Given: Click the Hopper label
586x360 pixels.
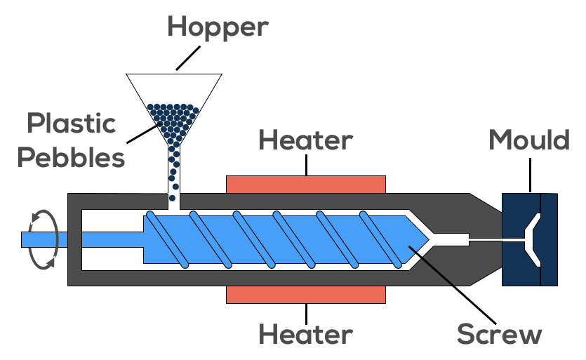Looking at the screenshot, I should click(x=218, y=27).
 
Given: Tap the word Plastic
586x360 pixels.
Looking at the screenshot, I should click(x=71, y=124).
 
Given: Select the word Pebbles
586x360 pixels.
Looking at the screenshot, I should click(x=71, y=157).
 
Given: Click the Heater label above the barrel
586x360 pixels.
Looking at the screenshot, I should click(x=305, y=140).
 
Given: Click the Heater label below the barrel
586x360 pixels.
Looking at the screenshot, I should click(x=305, y=334).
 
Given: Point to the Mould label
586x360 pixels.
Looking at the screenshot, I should click(x=529, y=140).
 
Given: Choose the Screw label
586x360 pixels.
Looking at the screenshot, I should click(x=499, y=334).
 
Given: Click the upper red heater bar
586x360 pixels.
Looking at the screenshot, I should click(x=306, y=184).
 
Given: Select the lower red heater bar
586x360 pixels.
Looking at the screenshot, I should click(x=306, y=294).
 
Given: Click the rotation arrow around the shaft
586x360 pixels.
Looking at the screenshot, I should click(x=41, y=239).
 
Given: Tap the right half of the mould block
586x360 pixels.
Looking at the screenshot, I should click(x=549, y=239).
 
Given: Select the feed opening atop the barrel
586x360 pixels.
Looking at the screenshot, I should click(x=173, y=201).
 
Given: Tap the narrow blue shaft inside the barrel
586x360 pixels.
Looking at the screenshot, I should click(x=112, y=239).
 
